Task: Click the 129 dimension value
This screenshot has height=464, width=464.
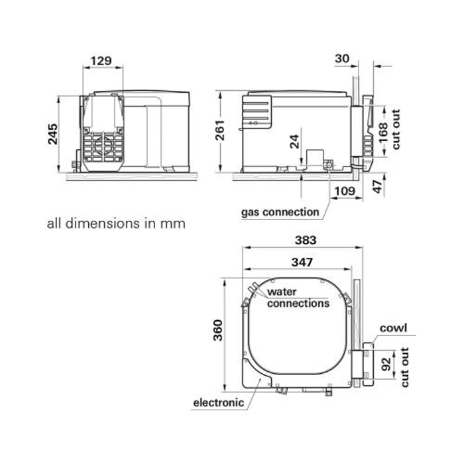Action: [100, 61]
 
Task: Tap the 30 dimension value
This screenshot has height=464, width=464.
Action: [342, 59]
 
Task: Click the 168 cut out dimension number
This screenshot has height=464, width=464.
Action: [384, 136]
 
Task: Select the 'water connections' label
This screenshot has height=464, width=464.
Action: [298, 298]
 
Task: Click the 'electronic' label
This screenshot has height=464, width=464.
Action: [218, 402]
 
